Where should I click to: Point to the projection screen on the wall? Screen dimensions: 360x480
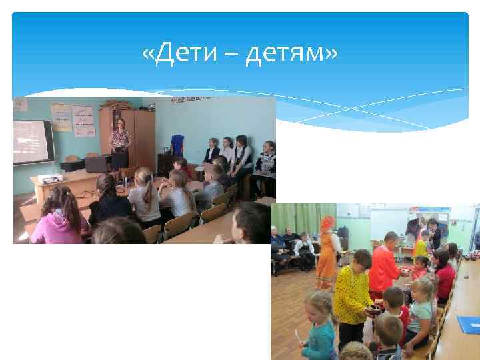pos(33,141)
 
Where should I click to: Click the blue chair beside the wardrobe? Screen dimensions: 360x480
pos(176,145)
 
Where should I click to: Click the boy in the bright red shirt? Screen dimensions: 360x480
pos(385,266)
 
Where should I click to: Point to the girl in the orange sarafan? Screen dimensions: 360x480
pos(327,253)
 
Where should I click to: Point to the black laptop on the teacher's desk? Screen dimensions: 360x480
pos(98,164)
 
